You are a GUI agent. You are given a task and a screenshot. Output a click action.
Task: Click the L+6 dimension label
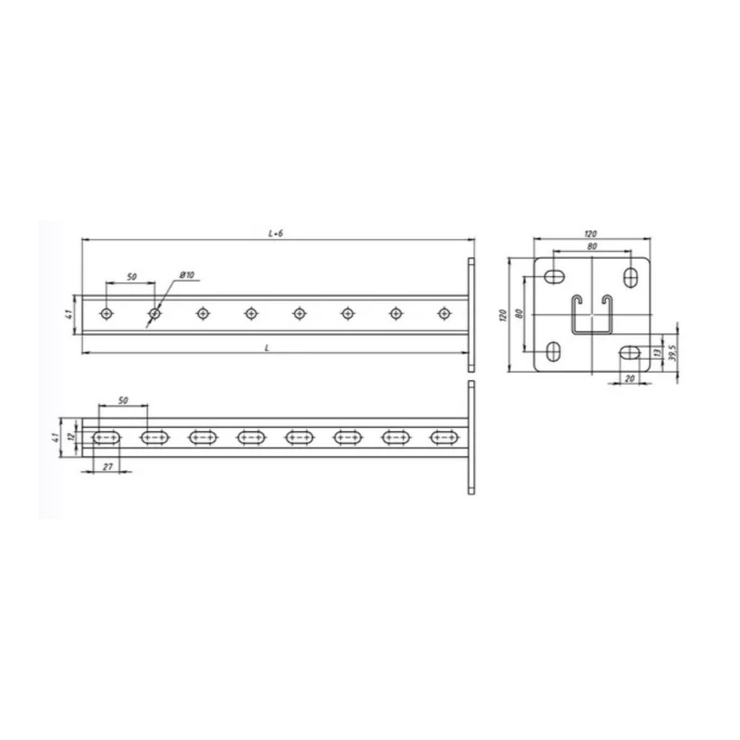pyautogui.click(x=275, y=234)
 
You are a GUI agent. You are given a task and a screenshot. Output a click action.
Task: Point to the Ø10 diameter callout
pyautogui.click(x=187, y=275)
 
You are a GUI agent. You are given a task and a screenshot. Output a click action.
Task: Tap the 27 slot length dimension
pyautogui.click(x=108, y=466)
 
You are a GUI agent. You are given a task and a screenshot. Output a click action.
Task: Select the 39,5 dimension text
pyautogui.click(x=673, y=352)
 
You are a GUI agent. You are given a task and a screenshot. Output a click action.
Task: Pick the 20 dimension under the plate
pyautogui.click(x=630, y=378)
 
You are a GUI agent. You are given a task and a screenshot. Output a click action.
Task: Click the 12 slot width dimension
pyautogui.click(x=71, y=437)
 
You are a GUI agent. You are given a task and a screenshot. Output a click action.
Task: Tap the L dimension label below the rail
pyautogui.click(x=267, y=348)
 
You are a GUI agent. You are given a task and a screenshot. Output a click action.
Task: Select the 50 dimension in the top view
pyautogui.click(x=132, y=277)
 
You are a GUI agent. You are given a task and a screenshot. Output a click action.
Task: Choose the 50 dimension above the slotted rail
pyautogui.click(x=123, y=400)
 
